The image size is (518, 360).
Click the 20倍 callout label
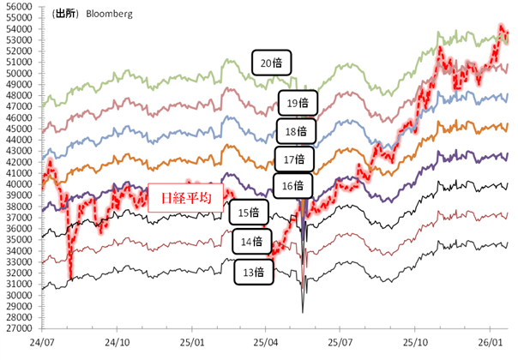(273, 62)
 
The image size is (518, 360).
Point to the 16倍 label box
(293, 185)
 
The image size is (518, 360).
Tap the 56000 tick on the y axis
(19, 6)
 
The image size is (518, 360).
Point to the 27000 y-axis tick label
(19, 328)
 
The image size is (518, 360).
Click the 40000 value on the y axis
(19, 183)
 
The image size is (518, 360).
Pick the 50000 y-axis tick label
(19, 73)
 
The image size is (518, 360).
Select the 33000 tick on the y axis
(19, 261)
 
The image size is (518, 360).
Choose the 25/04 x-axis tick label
(266, 340)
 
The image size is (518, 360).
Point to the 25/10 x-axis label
(414, 340)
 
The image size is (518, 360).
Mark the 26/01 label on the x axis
(489, 340)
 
